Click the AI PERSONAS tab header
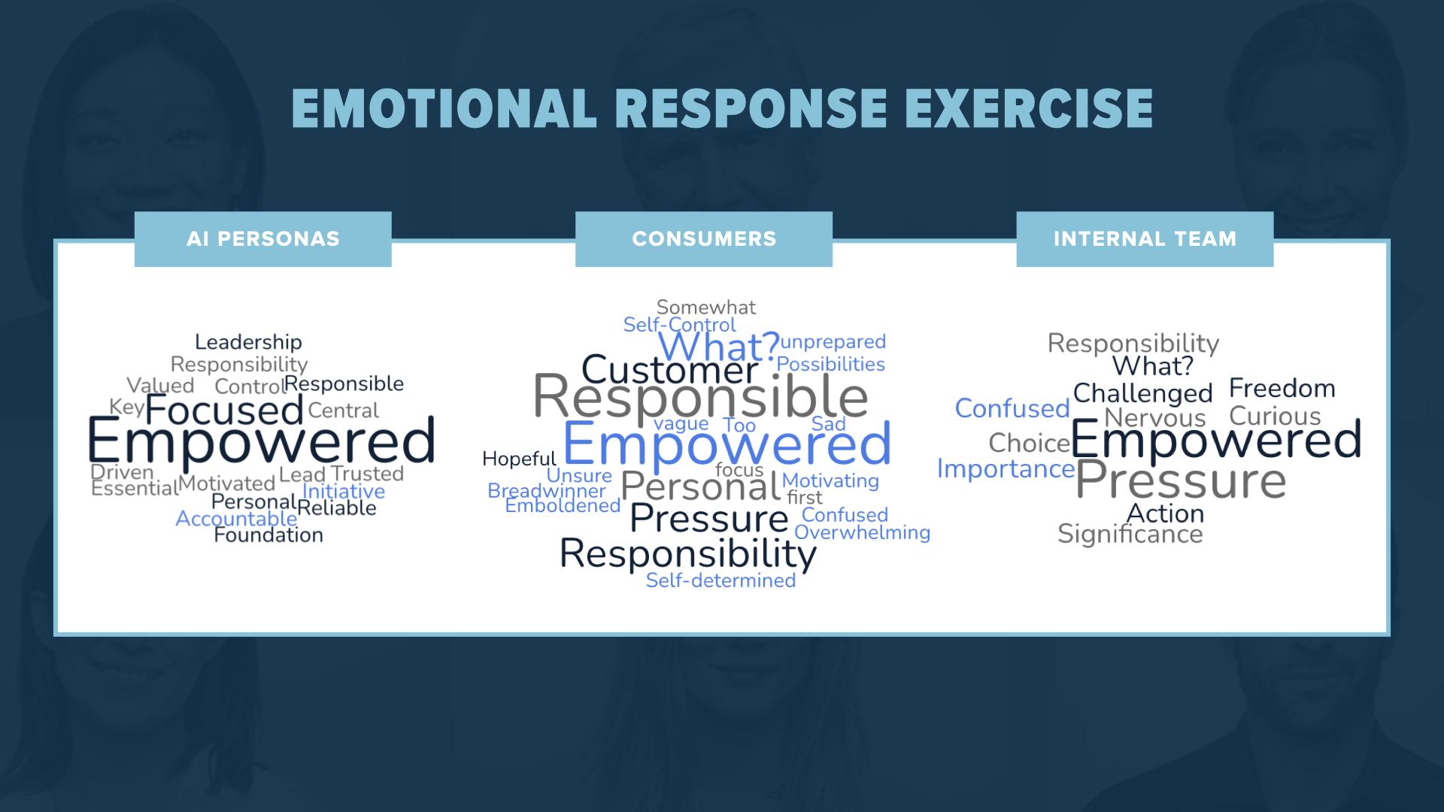[x=262, y=239]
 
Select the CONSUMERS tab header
[x=704, y=239]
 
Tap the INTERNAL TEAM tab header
[x=1145, y=239]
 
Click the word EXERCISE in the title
[x=1028, y=108]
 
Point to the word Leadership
[x=248, y=342]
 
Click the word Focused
[x=224, y=411]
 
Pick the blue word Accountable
[x=236, y=519]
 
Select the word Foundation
[x=268, y=535]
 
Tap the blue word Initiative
[x=344, y=491]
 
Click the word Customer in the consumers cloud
[x=670, y=370]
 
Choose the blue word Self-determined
[x=720, y=580]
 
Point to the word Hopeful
[x=519, y=459]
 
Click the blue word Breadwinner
[x=547, y=491]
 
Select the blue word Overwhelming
[x=862, y=532]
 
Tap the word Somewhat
[x=706, y=307]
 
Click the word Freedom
[x=1282, y=389]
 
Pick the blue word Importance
[x=1006, y=469]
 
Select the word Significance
[x=1130, y=534]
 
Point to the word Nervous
[x=1154, y=417]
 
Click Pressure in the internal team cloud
[x=1181, y=481]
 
